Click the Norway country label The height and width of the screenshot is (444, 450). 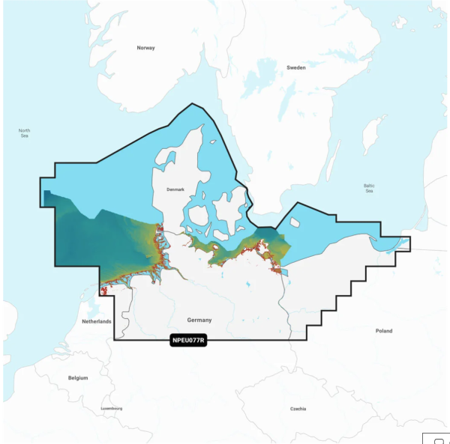[145, 48]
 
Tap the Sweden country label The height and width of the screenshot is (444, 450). [296, 67]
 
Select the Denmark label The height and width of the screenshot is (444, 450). [175, 189]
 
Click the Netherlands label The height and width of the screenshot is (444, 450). [96, 321]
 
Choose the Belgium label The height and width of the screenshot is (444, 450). [78, 377]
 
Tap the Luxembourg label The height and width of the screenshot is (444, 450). [112, 408]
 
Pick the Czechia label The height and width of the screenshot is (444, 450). [297, 410]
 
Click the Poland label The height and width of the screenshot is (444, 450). [383, 330]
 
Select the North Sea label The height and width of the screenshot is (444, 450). [25, 133]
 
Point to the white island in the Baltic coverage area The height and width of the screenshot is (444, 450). [295, 222]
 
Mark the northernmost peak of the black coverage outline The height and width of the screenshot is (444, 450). [193, 103]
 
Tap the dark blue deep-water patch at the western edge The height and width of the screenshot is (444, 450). [48, 199]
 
